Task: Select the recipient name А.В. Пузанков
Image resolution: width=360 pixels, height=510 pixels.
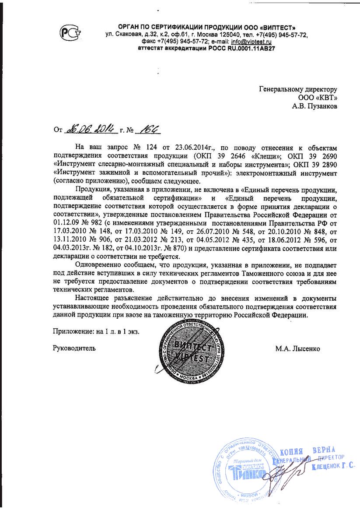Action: click(315, 106)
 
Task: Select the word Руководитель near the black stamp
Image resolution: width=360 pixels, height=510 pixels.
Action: click(74, 348)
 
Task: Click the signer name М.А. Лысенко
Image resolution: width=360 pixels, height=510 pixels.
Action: click(297, 348)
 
